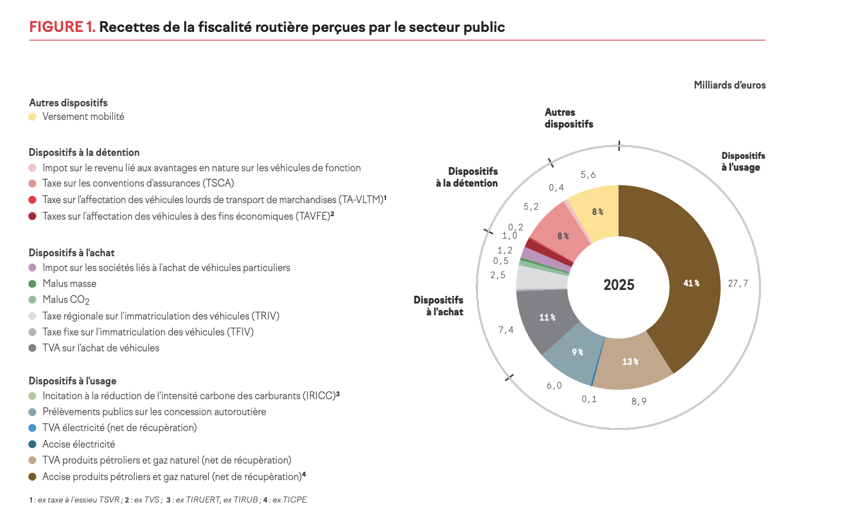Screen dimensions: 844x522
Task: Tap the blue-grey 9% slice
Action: [x=575, y=353]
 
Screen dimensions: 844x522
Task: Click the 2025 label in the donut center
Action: [x=619, y=285]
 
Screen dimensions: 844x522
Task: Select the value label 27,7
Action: [x=738, y=283]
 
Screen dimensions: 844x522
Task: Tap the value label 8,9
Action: [x=639, y=402]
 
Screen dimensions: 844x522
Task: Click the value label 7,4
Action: [x=506, y=330]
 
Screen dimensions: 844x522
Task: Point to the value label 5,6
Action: [x=588, y=175]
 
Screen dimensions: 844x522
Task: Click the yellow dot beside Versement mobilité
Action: [x=32, y=117]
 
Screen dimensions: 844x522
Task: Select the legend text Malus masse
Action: [x=69, y=283]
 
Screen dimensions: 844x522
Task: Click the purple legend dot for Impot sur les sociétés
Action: [x=32, y=267]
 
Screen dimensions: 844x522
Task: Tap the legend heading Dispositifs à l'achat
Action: [x=71, y=253]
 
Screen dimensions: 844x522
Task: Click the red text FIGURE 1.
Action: [x=62, y=27]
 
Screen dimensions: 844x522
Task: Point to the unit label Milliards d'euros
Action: [x=730, y=85]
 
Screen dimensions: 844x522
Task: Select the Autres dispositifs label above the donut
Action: [x=569, y=118]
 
